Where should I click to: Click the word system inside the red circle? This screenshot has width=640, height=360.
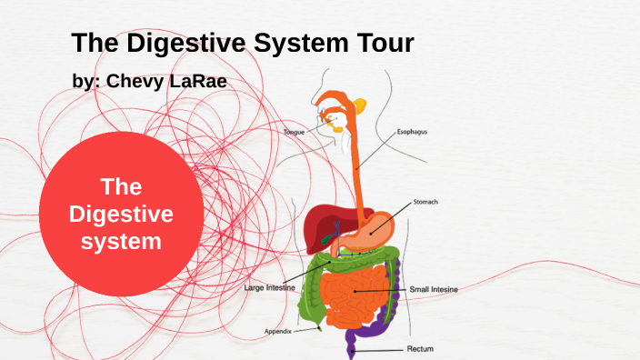[121, 242]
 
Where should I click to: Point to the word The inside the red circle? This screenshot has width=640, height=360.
[121, 187]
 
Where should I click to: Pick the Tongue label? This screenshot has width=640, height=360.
[295, 133]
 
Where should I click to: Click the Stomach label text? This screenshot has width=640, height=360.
[426, 202]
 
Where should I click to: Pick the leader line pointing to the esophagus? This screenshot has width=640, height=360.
[378, 150]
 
